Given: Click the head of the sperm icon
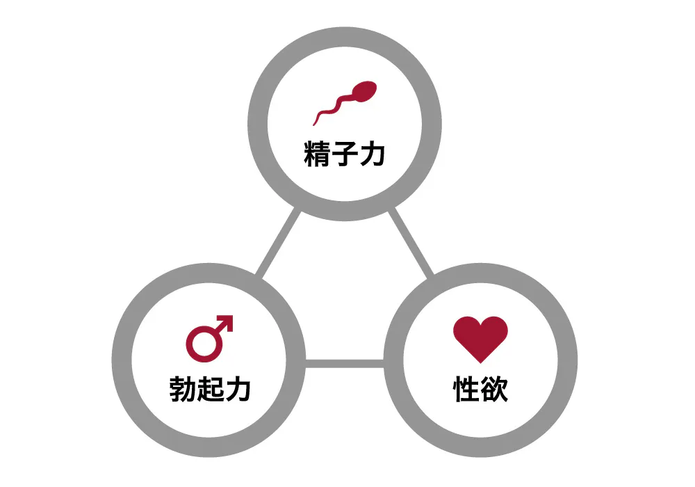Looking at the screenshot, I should click(x=367, y=90).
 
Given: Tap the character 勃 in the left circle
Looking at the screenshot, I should click(x=183, y=389).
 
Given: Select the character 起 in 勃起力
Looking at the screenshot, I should click(x=210, y=389).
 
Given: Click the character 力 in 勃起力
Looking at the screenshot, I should click(x=237, y=389).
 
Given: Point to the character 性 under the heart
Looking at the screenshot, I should click(x=466, y=389).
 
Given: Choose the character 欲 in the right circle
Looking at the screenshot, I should click(x=494, y=389).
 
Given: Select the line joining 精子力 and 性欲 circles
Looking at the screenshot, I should click(x=411, y=243).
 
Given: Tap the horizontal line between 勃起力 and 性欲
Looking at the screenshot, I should click(x=345, y=363).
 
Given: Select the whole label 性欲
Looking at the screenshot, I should click(x=480, y=389).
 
